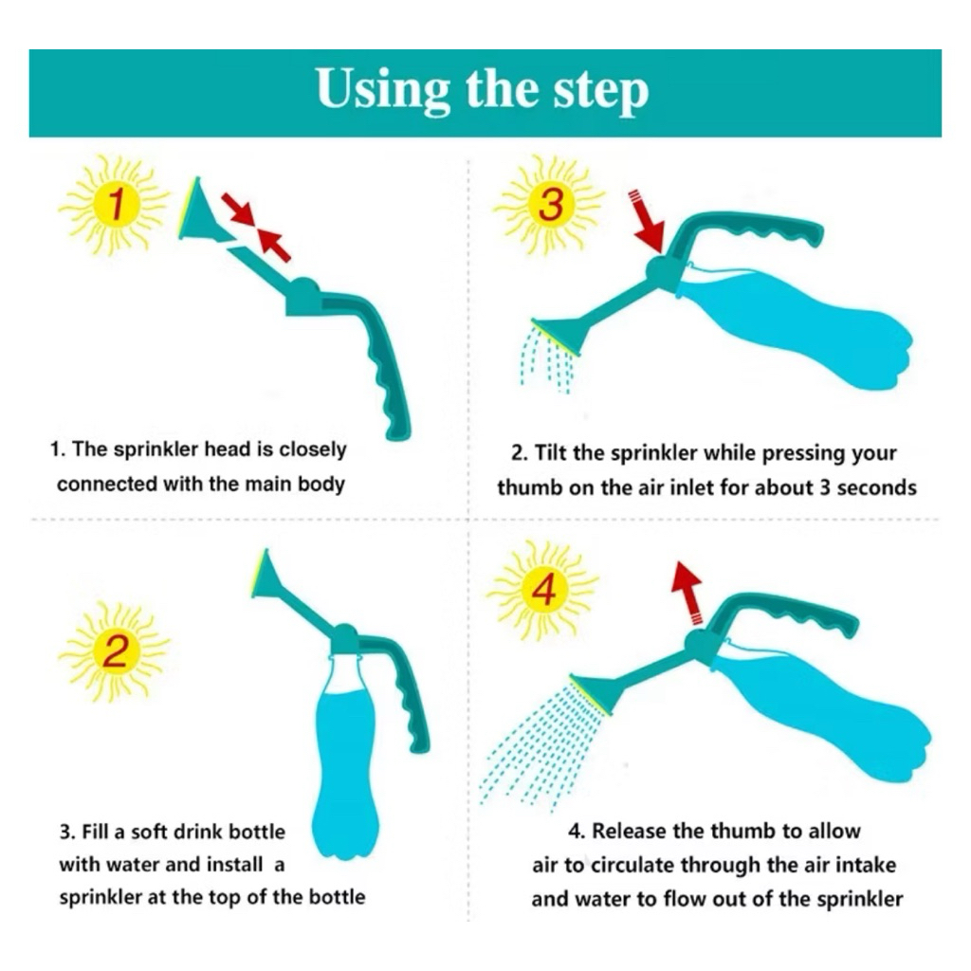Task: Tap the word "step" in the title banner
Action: pyautogui.click(x=600, y=92)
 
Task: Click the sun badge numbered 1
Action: pyautogui.click(x=115, y=205)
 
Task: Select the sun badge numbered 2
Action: pyautogui.click(x=115, y=651)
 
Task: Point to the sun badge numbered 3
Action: pyautogui.click(x=550, y=205)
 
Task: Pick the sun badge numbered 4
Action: pyautogui.click(x=543, y=590)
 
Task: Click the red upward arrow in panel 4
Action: pyautogui.click(x=688, y=593)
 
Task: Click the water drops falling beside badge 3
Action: pyautogui.click(x=548, y=360)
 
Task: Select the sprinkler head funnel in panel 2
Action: pyautogui.click(x=271, y=577)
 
